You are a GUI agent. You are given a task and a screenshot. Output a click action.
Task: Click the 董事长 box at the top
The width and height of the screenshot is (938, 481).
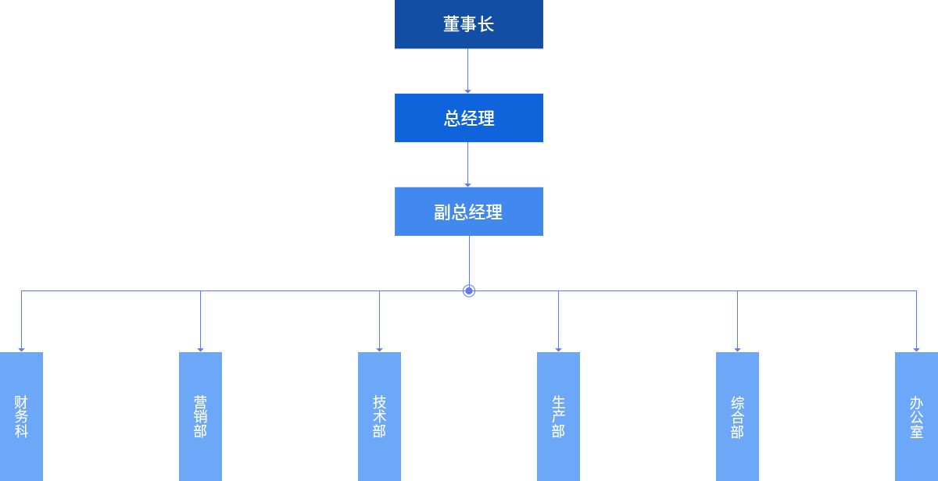pyautogui.click(x=468, y=25)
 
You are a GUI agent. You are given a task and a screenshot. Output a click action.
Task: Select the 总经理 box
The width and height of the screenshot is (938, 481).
pyautogui.click(x=469, y=118)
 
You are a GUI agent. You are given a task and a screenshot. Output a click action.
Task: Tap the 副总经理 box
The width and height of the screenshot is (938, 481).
pyautogui.click(x=469, y=212)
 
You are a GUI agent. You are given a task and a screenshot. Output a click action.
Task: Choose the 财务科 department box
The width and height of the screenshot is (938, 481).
pyautogui.click(x=21, y=416)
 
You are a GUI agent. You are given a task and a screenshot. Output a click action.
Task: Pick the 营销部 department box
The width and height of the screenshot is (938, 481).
pyautogui.click(x=200, y=416)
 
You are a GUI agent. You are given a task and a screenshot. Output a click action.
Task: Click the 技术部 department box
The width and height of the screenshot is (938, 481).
pyautogui.click(x=379, y=416)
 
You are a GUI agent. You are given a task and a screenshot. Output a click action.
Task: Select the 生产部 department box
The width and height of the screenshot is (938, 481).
pyautogui.click(x=558, y=416)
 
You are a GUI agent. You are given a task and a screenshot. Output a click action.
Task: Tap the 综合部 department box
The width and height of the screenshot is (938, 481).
pyautogui.click(x=737, y=416)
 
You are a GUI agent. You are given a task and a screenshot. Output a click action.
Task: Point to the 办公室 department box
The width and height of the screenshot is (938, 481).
pyautogui.click(x=916, y=416)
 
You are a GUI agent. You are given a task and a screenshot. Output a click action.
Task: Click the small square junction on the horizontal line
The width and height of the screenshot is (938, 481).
pyautogui.click(x=469, y=291)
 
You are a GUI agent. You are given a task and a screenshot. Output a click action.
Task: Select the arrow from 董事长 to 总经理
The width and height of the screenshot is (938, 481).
pyautogui.click(x=467, y=71)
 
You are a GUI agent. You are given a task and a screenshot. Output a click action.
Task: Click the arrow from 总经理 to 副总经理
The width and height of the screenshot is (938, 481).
pyautogui.click(x=467, y=165)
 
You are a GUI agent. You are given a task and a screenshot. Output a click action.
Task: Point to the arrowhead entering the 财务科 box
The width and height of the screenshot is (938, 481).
pyautogui.click(x=21, y=348)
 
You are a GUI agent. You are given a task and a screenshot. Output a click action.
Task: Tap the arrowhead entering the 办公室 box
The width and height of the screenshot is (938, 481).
pyautogui.click(x=916, y=348)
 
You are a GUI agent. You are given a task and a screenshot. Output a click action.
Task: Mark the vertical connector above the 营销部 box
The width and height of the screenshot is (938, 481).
pyautogui.click(x=200, y=320)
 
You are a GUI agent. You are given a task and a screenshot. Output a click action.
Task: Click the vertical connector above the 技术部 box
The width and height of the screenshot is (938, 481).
pyautogui.click(x=379, y=320)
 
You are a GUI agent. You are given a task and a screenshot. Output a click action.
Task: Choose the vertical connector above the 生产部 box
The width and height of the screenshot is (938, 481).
pyautogui.click(x=558, y=320)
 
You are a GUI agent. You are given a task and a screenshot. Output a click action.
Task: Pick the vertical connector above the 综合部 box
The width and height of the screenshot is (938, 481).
pyautogui.click(x=737, y=320)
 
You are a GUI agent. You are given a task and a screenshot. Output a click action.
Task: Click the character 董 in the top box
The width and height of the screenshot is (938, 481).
pyautogui.click(x=452, y=25)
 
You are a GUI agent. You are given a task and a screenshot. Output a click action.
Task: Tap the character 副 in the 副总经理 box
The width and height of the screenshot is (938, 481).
pyautogui.click(x=442, y=212)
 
